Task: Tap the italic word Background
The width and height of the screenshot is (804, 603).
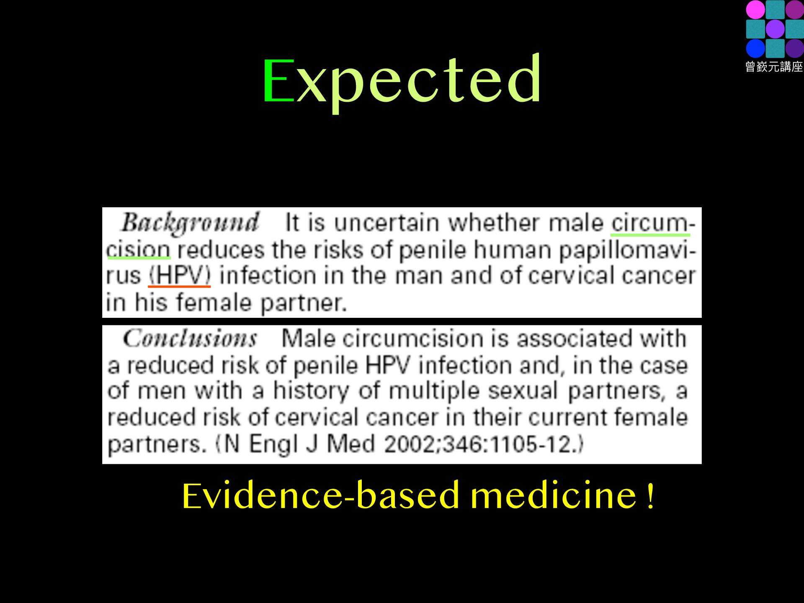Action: tap(190, 223)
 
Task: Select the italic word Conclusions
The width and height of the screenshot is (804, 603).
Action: tap(190, 338)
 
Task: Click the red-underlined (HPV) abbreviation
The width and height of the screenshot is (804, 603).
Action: tap(180, 276)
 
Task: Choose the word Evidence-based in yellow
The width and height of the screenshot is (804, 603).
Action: tap(321, 495)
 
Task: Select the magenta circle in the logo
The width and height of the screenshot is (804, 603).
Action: tap(755, 10)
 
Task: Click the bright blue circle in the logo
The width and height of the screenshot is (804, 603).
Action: tap(755, 48)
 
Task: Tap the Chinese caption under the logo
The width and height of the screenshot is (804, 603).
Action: tap(774, 67)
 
